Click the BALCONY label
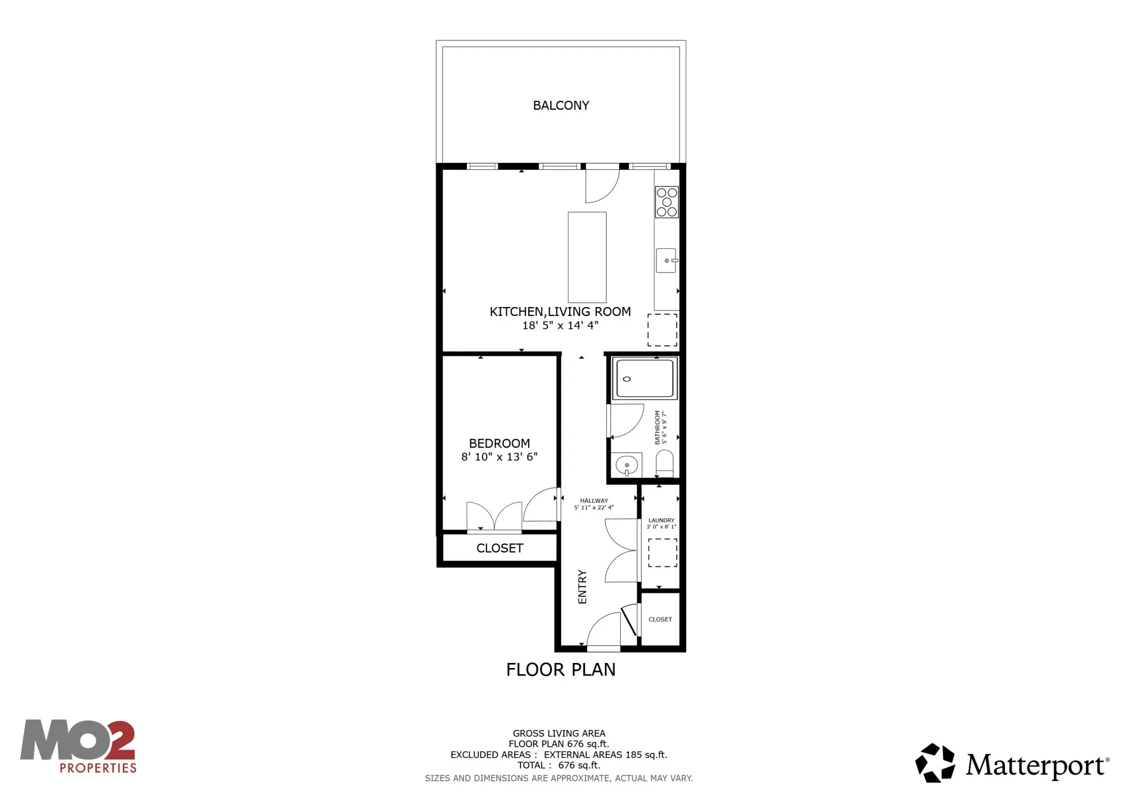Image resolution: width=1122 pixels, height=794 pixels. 560,105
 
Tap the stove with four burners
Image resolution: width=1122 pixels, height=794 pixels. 667,202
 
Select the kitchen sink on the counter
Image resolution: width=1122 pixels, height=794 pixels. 666,260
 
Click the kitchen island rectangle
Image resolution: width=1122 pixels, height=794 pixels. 587,257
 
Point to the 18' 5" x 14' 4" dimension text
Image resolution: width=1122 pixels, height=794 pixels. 560,326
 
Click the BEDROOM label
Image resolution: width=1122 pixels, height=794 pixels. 499,443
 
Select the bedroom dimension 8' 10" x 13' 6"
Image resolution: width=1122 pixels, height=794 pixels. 499,457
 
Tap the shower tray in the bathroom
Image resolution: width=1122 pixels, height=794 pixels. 644,378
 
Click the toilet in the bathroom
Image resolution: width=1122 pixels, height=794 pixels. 665,464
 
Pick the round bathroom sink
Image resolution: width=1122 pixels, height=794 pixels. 627,466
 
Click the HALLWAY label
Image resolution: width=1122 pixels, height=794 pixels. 594,501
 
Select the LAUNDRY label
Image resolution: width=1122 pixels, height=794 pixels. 661,520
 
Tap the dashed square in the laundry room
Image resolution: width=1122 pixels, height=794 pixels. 662,552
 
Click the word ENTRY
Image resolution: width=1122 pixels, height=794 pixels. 582,587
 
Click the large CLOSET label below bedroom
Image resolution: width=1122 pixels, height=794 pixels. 500,548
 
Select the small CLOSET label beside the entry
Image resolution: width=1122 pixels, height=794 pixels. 660,620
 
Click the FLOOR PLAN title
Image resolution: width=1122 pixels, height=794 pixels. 560,670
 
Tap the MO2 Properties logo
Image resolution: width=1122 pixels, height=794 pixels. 78,747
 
